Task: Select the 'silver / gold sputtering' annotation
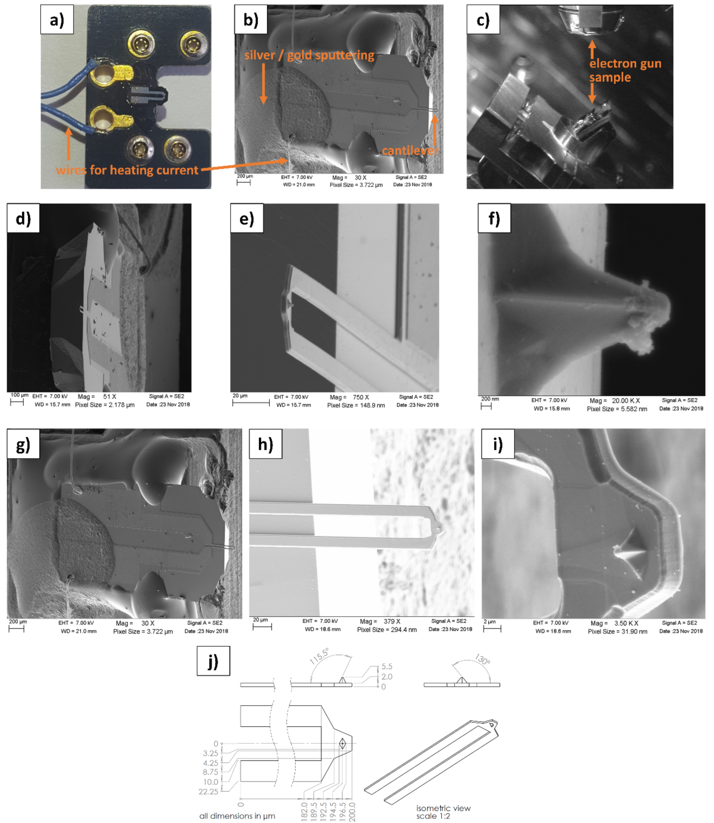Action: tap(309, 55)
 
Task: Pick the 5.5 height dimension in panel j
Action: tap(386, 666)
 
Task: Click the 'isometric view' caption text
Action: tap(443, 808)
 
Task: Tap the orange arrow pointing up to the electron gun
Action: tap(592, 49)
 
